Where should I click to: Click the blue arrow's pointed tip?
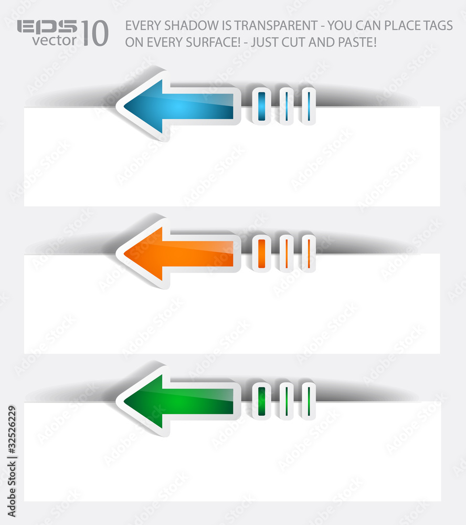tap(124, 106)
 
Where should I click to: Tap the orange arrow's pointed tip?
tap(124, 254)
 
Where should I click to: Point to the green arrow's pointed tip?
tap(124, 401)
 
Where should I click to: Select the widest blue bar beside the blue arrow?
tap(262, 106)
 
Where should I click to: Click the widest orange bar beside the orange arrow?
tap(262, 254)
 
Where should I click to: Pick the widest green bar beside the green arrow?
tap(262, 401)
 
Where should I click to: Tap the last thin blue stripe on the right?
tap(309, 106)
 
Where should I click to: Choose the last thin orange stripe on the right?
tap(309, 254)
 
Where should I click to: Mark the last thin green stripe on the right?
tap(309, 401)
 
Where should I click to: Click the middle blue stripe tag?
tap(287, 106)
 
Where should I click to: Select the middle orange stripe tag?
tap(287, 254)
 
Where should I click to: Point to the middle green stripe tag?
tap(287, 401)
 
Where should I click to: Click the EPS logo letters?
tap(47, 26)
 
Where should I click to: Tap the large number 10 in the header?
tap(95, 33)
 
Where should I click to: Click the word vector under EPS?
tap(54, 40)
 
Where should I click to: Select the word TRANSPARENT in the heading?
tap(276, 25)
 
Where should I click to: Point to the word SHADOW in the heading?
tap(191, 25)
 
